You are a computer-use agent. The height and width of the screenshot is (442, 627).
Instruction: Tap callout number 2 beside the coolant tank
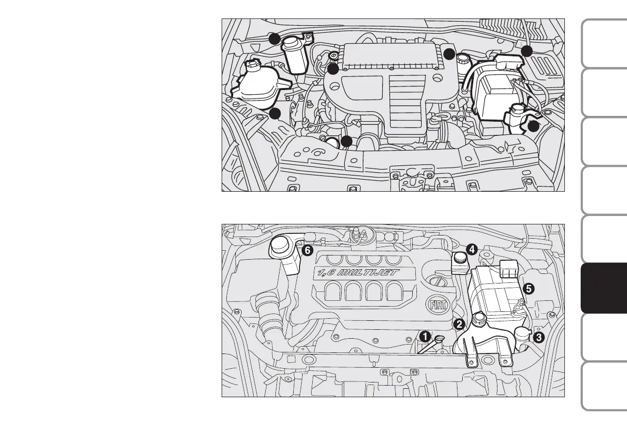coord(459,324)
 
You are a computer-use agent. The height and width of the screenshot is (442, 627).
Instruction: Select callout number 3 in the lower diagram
coord(539,338)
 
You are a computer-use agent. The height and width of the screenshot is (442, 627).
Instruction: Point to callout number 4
coord(471,250)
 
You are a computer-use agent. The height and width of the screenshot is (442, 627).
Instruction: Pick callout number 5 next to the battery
coord(528,288)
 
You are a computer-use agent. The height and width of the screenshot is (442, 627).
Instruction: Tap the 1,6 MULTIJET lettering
coord(359,273)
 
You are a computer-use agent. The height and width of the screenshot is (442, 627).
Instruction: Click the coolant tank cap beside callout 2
coord(479,318)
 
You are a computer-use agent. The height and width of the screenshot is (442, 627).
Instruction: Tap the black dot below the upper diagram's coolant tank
coord(274,113)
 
